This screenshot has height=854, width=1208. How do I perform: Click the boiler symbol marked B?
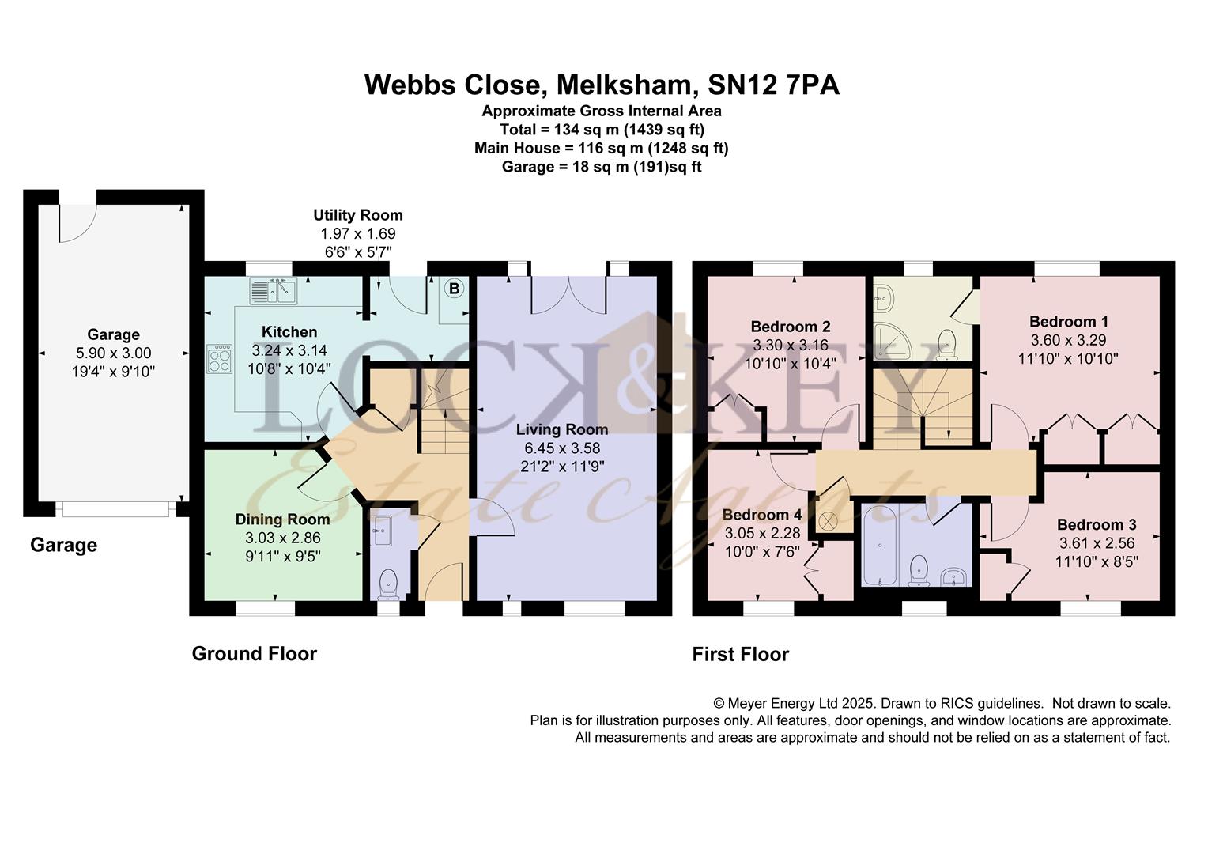coord(454,289)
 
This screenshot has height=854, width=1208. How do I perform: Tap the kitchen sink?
coord(273,291)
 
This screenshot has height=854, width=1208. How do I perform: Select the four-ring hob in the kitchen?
coord(220,359)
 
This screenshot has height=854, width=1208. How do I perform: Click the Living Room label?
coord(562,429)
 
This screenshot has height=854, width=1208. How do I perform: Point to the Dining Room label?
coord(282,520)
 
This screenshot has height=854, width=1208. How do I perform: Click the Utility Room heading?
coord(358,215)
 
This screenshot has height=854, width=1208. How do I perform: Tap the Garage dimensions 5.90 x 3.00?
coord(113,353)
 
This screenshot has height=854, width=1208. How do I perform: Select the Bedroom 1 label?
coord(1068,322)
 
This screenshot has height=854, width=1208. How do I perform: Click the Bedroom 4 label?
coord(762,516)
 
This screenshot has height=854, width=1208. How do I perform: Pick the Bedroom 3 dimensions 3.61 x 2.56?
coord(1097,543)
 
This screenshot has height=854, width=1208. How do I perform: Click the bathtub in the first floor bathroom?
coord(880,545)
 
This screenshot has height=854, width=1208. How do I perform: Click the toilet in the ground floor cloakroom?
coord(388,585)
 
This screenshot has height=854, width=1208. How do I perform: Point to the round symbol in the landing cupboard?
coord(828,520)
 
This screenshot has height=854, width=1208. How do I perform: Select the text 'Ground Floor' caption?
coord(255,654)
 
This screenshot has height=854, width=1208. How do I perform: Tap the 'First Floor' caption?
coord(741,655)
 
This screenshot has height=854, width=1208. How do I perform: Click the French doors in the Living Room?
coord(569,295)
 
